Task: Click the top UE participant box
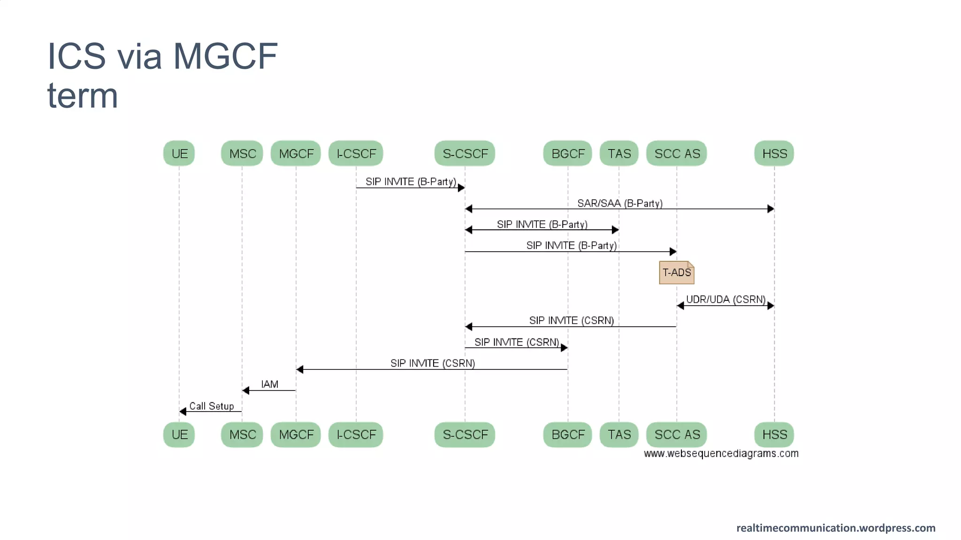click(179, 153)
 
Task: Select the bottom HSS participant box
click(774, 435)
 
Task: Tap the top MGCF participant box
click(296, 153)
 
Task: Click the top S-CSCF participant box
click(465, 153)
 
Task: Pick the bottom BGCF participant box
click(567, 435)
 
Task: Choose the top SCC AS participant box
click(676, 153)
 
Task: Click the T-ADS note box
click(676, 272)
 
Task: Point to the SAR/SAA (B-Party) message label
click(619, 203)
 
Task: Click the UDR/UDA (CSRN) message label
click(725, 299)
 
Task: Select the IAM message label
click(269, 384)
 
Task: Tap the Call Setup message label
click(211, 406)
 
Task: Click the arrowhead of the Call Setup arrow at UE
click(183, 412)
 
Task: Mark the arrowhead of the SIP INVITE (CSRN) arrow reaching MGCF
click(300, 369)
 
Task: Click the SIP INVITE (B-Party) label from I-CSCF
click(411, 181)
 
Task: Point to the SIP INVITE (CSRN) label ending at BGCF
click(516, 342)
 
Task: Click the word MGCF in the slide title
click(225, 56)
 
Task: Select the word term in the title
click(83, 96)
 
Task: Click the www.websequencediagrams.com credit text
click(721, 453)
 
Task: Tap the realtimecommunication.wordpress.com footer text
click(835, 528)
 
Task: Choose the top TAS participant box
click(618, 153)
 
